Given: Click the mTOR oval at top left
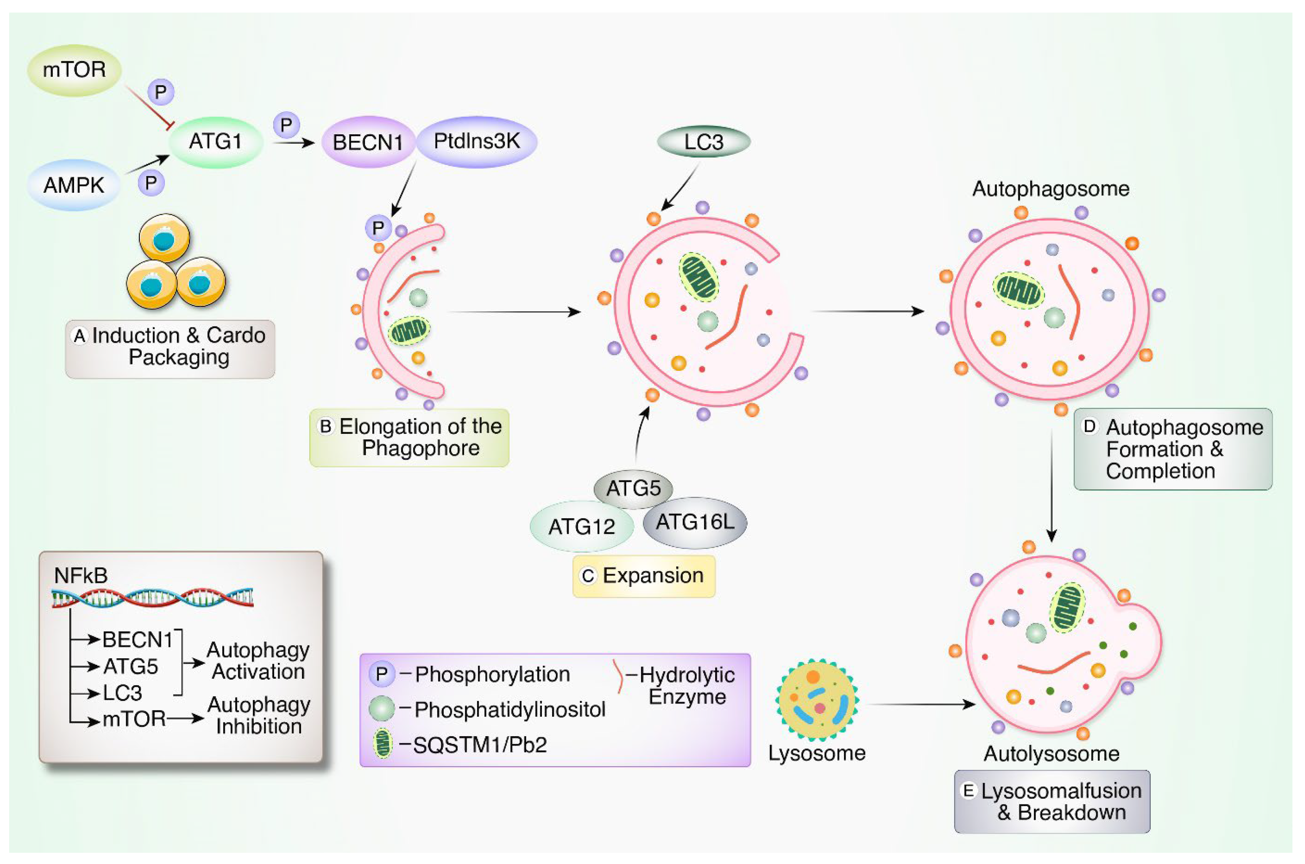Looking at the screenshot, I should [x=74, y=70].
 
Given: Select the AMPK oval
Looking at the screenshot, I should [x=74, y=185].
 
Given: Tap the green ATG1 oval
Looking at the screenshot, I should [x=215, y=141].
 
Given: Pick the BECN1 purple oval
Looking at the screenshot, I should [x=367, y=142].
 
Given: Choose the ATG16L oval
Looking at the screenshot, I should [x=695, y=522].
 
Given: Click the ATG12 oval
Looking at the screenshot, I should [x=581, y=527].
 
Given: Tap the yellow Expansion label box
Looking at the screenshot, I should [x=644, y=576].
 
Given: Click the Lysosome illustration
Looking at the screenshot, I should [x=817, y=700].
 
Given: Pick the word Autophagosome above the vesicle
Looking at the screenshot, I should [x=1051, y=189].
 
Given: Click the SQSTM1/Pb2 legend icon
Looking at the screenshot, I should [x=382, y=744].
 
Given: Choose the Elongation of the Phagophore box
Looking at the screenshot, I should [x=409, y=438].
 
